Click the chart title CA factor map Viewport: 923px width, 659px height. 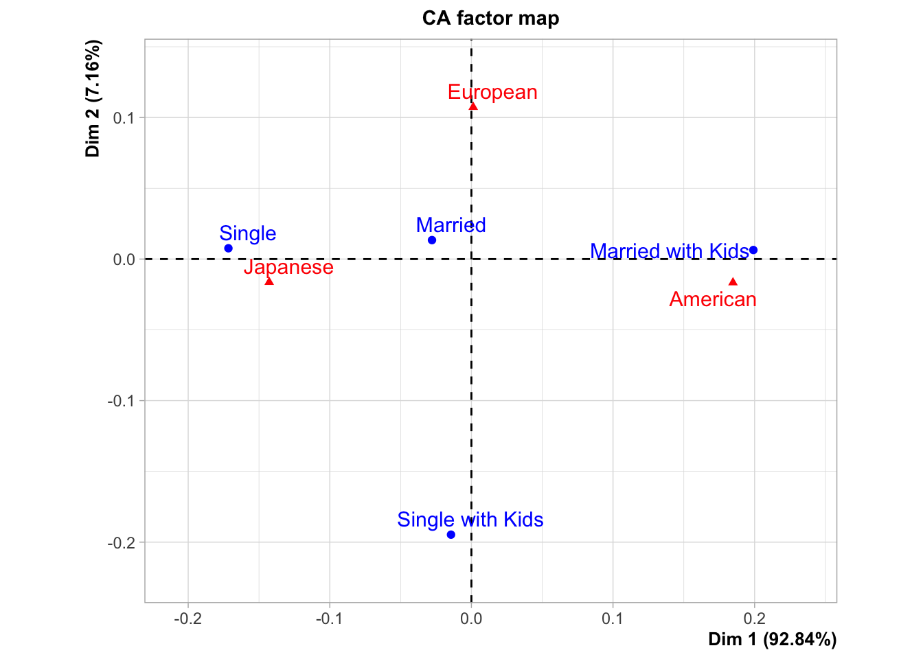point(490,18)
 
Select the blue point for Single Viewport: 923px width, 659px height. point(228,248)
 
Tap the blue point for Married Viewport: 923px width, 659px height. point(432,240)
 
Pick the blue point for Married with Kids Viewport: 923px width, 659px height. point(753,250)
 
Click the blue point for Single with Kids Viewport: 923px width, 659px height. point(451,535)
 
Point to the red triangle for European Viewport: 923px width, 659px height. point(473,106)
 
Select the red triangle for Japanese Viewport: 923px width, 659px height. point(269,281)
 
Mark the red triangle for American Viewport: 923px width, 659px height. point(733,281)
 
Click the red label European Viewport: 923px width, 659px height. point(492,92)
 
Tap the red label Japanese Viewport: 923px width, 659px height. point(288,267)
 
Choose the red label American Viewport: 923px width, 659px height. point(713,299)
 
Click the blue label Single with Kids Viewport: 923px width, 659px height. point(470,520)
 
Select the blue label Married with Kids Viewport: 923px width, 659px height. point(669,251)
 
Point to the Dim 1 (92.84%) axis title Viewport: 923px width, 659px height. point(772,640)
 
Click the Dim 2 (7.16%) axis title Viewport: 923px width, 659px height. point(93,98)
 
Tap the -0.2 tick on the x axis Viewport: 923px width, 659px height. point(187,618)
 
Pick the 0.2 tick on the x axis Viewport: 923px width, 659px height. point(754,618)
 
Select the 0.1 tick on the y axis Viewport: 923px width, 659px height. point(124,118)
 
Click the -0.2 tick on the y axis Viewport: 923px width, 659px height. point(122,543)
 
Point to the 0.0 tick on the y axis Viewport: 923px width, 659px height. point(124,259)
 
